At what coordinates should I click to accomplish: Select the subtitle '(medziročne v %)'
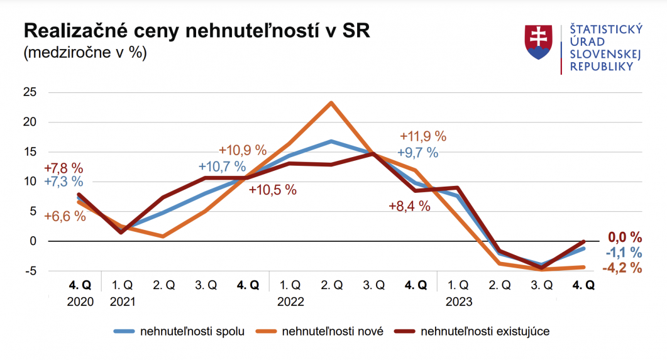85,53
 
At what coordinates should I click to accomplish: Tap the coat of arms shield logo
537,43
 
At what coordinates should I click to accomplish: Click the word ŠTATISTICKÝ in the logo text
605,30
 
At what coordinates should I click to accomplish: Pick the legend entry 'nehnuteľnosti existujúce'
485,331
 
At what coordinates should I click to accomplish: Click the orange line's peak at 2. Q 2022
331,102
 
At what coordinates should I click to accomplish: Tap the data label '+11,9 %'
423,136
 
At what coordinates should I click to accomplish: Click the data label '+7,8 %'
63,168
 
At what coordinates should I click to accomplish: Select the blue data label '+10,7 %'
222,166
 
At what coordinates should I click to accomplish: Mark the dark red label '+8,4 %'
409,206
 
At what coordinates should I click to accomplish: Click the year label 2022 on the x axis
290,302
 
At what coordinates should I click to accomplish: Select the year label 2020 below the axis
80,302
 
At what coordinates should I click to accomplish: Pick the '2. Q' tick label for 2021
163,285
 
